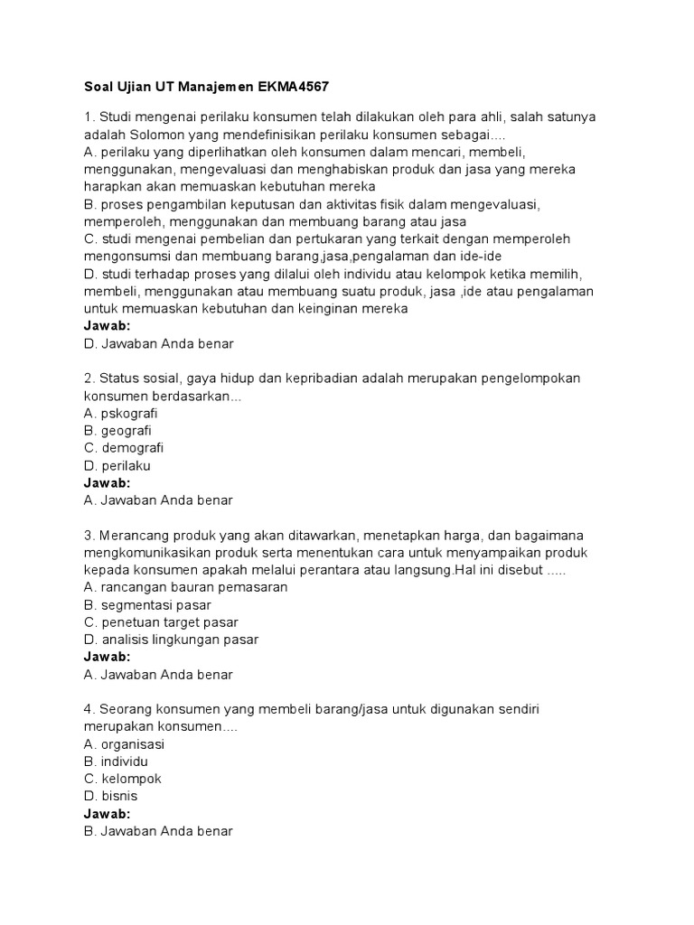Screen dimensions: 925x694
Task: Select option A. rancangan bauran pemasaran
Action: (x=185, y=587)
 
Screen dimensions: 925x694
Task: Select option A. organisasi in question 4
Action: (x=124, y=744)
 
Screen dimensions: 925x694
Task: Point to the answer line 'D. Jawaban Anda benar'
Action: (x=158, y=343)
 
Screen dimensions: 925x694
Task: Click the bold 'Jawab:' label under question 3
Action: (x=107, y=657)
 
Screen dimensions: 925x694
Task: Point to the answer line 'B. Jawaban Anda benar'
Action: (x=158, y=830)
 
